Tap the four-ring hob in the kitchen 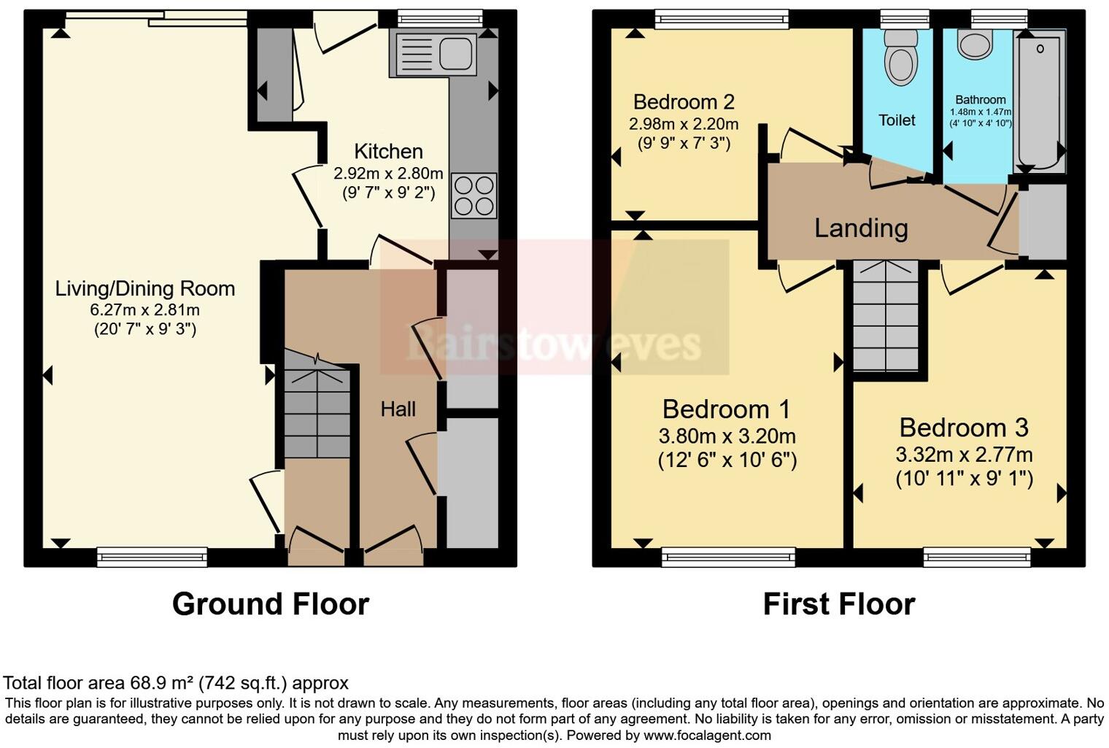474,196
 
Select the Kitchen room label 388,151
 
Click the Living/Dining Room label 145,288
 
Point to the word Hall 398,409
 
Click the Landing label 861,228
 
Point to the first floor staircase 886,317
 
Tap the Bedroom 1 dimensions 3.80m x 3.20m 727,436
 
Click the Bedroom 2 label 684,101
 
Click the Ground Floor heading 271,604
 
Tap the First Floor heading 838,604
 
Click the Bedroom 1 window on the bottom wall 728,558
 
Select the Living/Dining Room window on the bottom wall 152,558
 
